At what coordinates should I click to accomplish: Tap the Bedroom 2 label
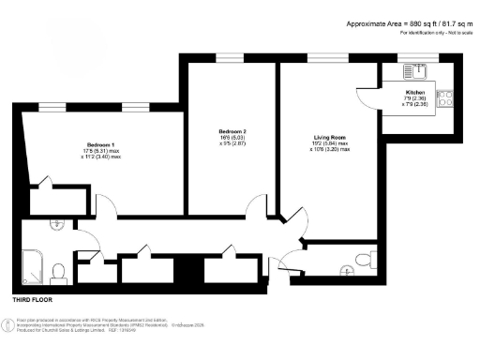pyautogui.click(x=232, y=130)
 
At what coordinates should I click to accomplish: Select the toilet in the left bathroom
pyautogui.click(x=57, y=271)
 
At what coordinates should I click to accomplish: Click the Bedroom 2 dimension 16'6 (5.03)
pyautogui.click(x=232, y=138)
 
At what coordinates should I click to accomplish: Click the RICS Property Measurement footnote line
pyautogui.click(x=80, y=322)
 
